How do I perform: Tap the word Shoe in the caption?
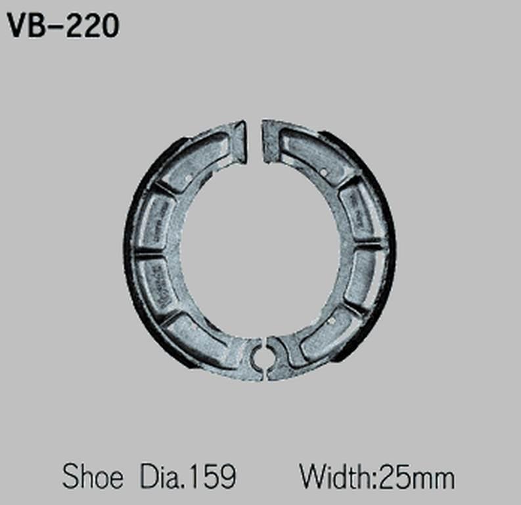(92, 477)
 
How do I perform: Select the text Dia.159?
(187, 477)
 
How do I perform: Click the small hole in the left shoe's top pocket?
(189, 178)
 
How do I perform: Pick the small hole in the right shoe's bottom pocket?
(332, 320)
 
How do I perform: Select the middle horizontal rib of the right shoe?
(369, 248)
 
